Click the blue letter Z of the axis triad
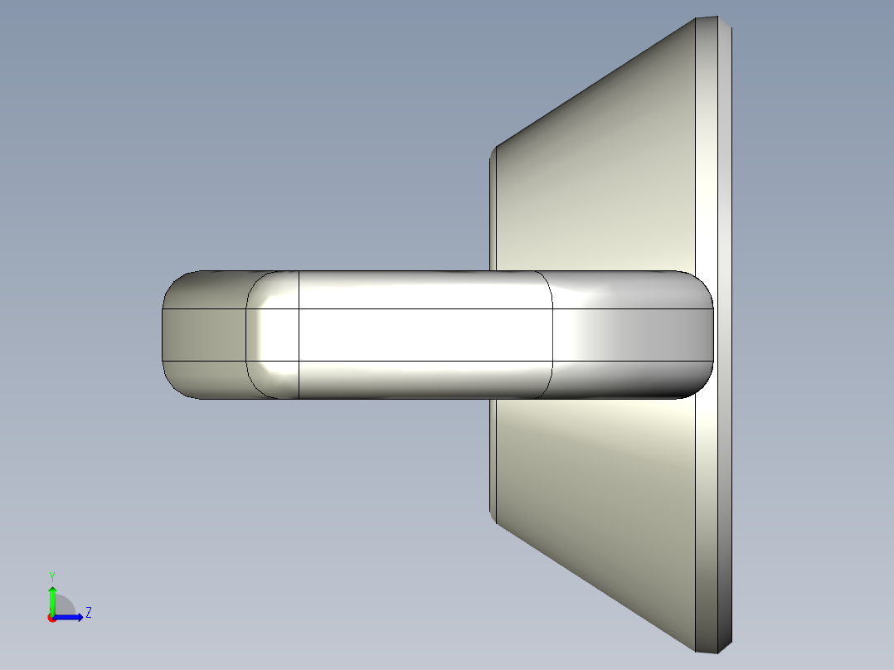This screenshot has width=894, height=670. [88, 613]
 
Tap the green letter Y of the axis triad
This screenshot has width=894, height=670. [51, 575]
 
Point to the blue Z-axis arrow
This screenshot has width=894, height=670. [71, 617]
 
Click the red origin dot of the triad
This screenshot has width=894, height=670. [51, 618]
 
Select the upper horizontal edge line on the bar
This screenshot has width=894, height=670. [423, 309]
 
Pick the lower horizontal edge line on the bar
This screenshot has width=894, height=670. [423, 361]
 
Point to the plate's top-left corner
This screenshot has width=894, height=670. [494, 150]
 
